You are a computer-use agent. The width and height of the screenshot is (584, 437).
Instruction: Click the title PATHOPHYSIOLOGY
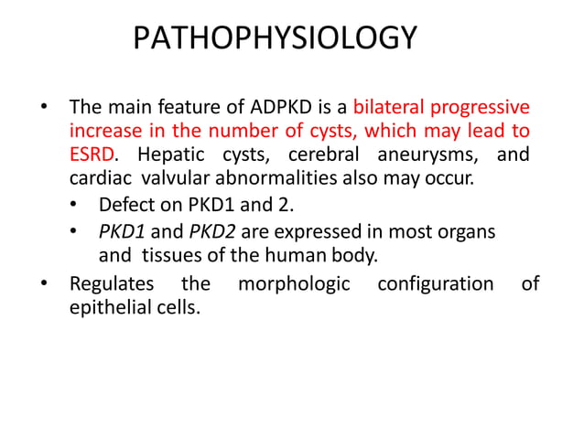275,39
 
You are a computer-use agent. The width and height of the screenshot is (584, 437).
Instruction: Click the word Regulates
114,283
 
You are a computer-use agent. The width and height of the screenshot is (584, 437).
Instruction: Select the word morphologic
294,283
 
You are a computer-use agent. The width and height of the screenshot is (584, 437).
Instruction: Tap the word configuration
436,283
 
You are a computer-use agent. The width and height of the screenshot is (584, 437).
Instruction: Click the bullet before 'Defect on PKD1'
76,205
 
